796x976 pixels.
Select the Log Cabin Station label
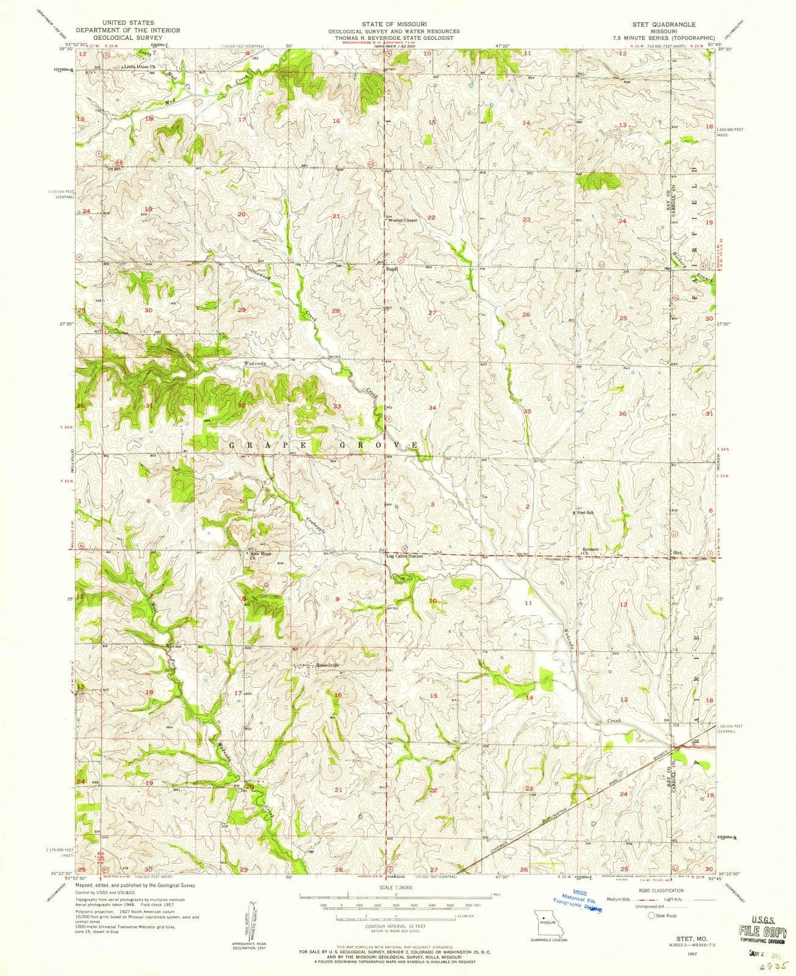[404, 556]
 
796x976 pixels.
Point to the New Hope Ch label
[257, 557]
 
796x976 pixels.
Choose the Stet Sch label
[586, 513]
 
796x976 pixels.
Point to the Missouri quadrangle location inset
[540, 919]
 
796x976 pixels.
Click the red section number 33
[337, 406]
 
